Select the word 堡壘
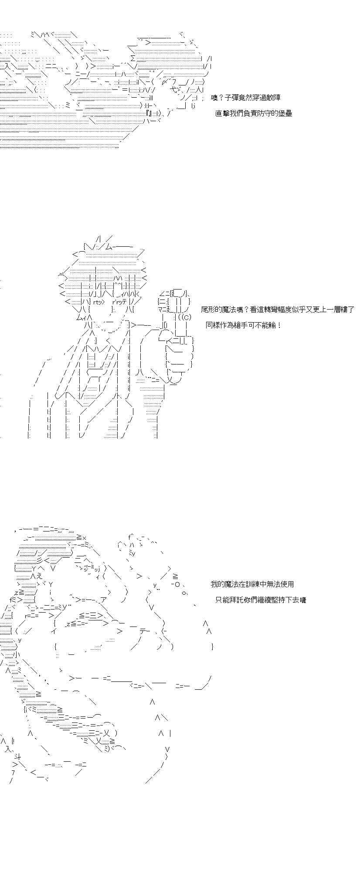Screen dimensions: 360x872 pyautogui.click(x=285, y=114)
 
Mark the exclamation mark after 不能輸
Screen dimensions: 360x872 pyautogui.click(x=279, y=325)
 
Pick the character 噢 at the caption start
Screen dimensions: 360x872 pyautogui.click(x=214, y=98)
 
